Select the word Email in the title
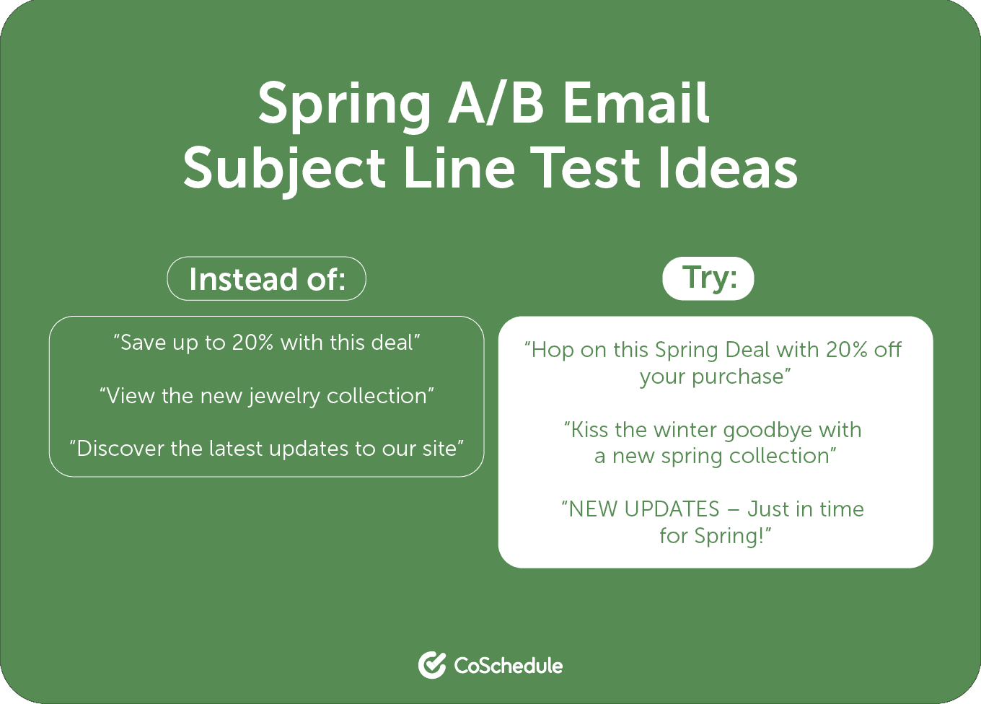(x=636, y=103)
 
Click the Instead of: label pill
(x=267, y=278)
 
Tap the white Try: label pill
(x=708, y=278)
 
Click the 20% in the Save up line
(x=252, y=343)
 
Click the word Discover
(x=120, y=449)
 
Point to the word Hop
(x=553, y=350)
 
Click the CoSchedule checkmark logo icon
(x=431, y=665)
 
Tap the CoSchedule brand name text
(x=508, y=665)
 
